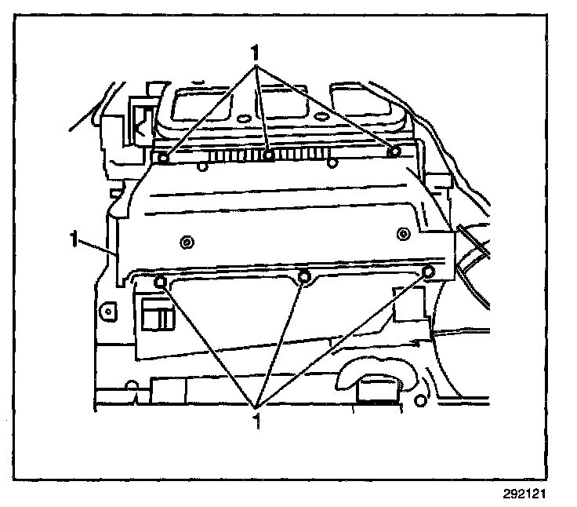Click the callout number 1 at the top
(x=255, y=53)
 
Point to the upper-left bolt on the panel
(x=163, y=159)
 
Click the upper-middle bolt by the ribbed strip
(x=269, y=155)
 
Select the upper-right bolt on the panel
(x=395, y=151)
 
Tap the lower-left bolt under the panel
(x=161, y=282)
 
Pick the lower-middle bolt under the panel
(x=305, y=275)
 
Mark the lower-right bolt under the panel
(x=428, y=272)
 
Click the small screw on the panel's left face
(x=186, y=242)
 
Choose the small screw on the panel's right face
(x=403, y=232)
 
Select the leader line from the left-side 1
(x=98, y=248)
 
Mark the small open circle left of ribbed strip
(x=202, y=164)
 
